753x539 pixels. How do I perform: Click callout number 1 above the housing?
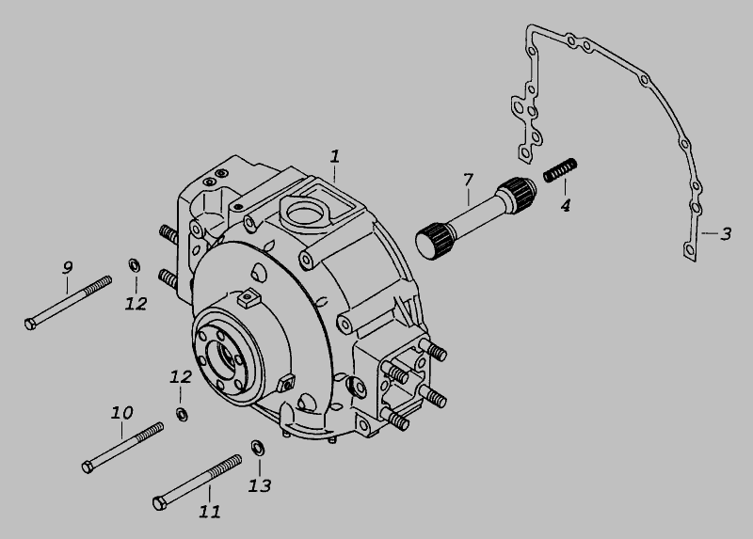pos(335,156)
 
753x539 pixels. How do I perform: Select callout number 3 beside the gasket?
pos(726,233)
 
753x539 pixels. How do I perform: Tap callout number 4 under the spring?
pos(566,205)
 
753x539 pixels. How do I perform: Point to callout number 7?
pos(468,180)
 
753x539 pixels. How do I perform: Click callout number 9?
pos(68,267)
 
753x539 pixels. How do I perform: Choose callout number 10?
pos(122,413)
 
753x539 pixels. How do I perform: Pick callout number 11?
pos(210,512)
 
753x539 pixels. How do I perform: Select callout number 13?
pos(260,485)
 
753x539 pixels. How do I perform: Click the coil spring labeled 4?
pos(560,170)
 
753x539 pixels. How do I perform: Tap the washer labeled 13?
pos(258,448)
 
